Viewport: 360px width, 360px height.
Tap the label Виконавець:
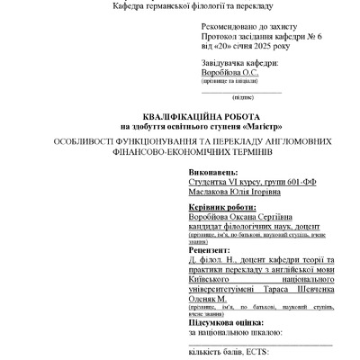pos(214,170)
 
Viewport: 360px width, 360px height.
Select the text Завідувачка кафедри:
pos(240,63)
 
